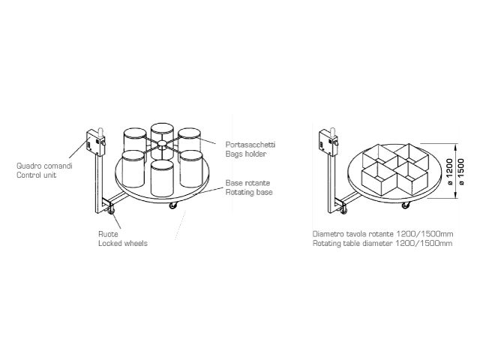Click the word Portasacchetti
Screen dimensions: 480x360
click(x=250, y=145)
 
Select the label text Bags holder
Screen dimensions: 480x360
click(x=246, y=154)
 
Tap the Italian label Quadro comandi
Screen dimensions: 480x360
click(x=44, y=166)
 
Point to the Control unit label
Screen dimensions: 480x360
click(x=37, y=175)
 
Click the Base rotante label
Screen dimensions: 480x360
click(x=247, y=183)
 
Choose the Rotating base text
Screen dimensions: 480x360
click(x=249, y=192)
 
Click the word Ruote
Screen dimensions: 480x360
click(x=108, y=234)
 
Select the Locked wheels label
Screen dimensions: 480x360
click(x=123, y=243)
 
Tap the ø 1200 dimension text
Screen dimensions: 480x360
click(x=450, y=172)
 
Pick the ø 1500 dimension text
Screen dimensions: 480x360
click(x=461, y=172)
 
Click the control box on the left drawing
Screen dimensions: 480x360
click(x=96, y=143)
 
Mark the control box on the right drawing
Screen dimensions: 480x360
click(x=328, y=143)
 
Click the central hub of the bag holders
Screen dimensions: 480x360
click(x=162, y=143)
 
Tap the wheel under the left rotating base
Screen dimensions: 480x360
click(x=173, y=205)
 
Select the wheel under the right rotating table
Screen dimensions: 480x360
click(x=406, y=205)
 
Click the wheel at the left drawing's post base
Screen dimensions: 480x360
click(x=111, y=210)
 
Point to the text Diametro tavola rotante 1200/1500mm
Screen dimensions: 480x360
click(x=382, y=234)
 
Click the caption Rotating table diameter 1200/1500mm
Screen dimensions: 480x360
click(x=382, y=243)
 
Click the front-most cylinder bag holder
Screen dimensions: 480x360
click(x=162, y=178)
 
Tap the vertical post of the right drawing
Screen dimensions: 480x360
click(x=331, y=184)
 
